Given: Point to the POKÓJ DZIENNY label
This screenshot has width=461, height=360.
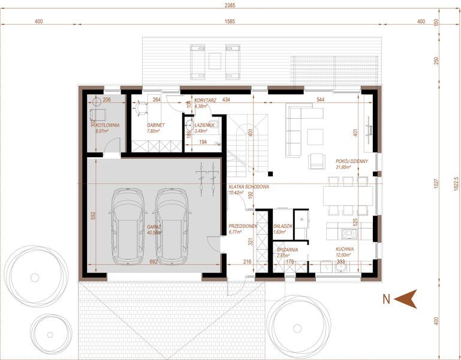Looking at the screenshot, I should (x=351, y=161).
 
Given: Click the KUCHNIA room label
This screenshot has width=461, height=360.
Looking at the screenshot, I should (x=344, y=249).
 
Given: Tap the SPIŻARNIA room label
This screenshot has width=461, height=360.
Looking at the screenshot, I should (x=285, y=249).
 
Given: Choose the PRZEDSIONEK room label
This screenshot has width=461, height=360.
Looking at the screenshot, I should (x=243, y=226).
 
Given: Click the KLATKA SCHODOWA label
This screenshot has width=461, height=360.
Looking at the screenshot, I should (x=248, y=187).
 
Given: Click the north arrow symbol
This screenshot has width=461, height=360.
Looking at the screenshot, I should (x=407, y=298).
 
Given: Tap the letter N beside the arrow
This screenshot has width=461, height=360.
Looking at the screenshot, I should (x=387, y=298).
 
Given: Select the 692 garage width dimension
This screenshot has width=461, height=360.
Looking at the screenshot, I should (x=153, y=262).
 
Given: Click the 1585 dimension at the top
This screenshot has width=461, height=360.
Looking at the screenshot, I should (x=230, y=22).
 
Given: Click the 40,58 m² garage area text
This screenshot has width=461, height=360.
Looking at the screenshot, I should (x=153, y=233).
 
